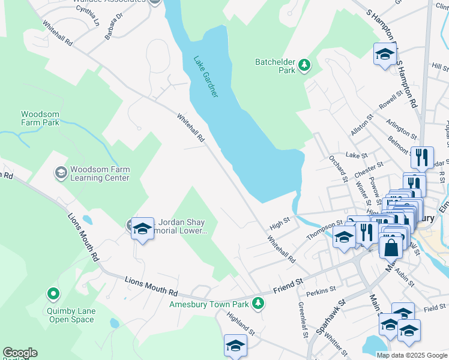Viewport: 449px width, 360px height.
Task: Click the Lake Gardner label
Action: tap(206, 77)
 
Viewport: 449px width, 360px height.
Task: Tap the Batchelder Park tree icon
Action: tap(305, 65)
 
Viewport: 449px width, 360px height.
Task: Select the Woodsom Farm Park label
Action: tap(40, 118)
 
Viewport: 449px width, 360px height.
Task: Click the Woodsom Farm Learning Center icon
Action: tap(61, 173)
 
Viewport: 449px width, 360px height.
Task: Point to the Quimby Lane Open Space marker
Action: tap(53, 294)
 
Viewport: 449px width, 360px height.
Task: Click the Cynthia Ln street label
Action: tap(88, 17)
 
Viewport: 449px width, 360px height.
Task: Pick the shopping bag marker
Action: tap(390, 247)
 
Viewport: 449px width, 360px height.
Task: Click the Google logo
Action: tap(20, 353)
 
